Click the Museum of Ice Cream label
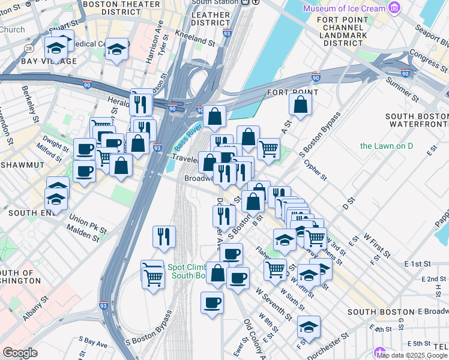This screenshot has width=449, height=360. click(343, 8)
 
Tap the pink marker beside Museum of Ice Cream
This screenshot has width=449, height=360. click(394, 8)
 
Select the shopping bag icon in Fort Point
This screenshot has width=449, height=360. click(300, 104)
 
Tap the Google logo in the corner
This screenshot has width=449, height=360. click(20, 353)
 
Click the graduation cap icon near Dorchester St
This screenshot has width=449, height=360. click(309, 326)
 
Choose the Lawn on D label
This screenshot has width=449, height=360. click(387, 146)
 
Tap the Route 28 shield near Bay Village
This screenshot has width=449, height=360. click(28, 48)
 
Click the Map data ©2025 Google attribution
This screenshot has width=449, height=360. click(412, 355)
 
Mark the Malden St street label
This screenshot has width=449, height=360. click(83, 234)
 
